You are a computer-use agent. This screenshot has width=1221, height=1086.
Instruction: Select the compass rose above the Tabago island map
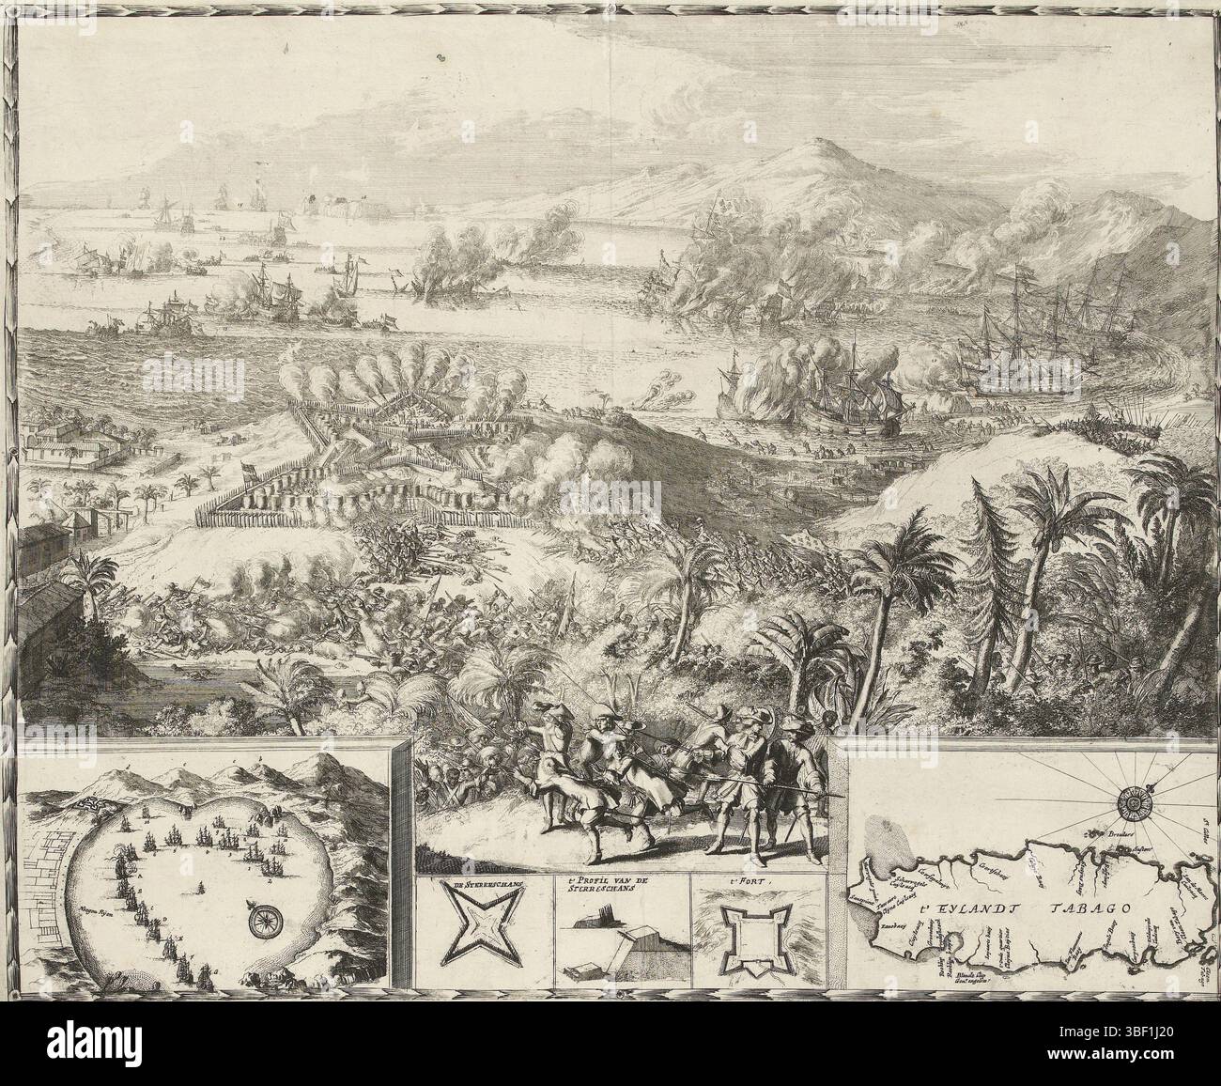pos(1134,799)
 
